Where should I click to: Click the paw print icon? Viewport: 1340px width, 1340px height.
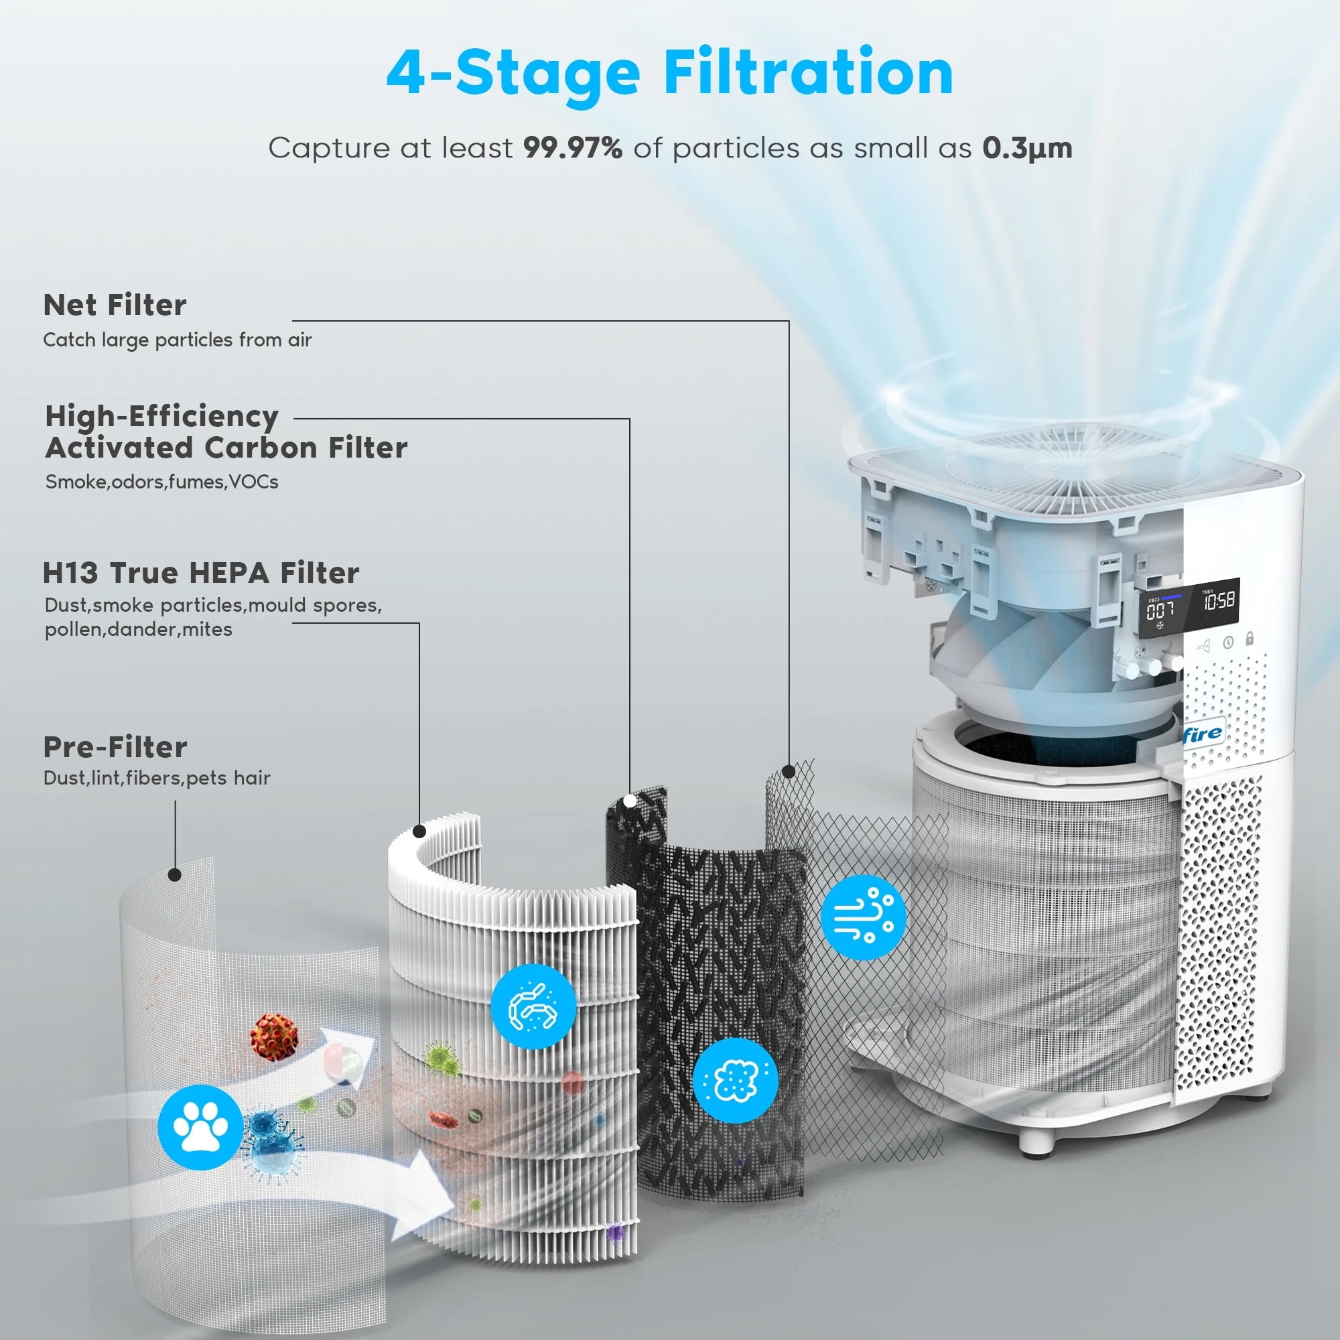tap(200, 1127)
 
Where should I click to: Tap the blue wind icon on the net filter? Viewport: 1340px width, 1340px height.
tap(863, 917)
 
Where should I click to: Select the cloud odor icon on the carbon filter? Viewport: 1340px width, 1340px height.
tap(735, 1080)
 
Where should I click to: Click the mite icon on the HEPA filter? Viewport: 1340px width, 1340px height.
tap(533, 1006)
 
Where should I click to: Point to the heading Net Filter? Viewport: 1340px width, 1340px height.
tap(115, 305)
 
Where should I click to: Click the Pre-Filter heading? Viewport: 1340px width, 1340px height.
tap(115, 747)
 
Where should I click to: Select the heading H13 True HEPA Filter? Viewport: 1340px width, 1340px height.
tap(201, 573)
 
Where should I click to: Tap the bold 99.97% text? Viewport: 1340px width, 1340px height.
tap(572, 147)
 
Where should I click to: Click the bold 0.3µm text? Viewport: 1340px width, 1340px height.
tap(1026, 147)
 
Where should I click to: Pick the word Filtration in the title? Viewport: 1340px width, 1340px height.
tap(808, 73)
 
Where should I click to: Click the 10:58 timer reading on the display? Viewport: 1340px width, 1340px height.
tap(1219, 600)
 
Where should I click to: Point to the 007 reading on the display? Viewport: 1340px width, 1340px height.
tap(1160, 610)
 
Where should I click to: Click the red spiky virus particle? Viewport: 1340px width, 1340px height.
tap(275, 1036)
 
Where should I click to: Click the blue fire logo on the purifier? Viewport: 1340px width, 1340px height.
tap(1203, 733)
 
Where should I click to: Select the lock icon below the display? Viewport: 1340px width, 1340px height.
tap(1249, 638)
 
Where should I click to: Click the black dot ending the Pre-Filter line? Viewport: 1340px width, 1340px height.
tap(175, 875)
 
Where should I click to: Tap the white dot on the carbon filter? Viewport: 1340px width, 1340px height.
tap(630, 801)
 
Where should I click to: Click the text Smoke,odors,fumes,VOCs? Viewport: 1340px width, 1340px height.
tap(161, 482)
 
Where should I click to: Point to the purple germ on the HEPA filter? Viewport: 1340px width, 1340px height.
tap(614, 1233)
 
